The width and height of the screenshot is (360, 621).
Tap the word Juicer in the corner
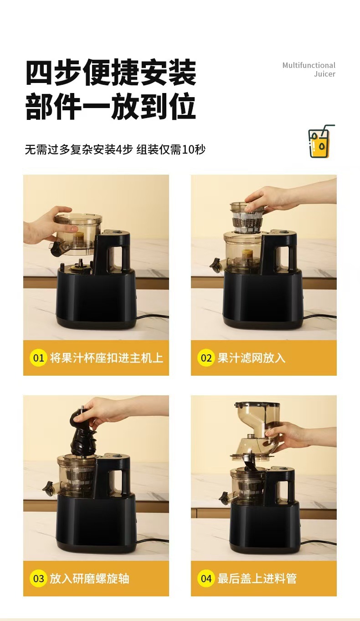click(x=324, y=74)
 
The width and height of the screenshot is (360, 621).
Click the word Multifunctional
click(x=309, y=65)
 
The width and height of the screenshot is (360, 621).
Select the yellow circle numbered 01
click(x=38, y=358)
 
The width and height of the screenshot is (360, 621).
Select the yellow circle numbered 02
click(x=206, y=358)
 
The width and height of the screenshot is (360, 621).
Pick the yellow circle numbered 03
click(x=38, y=579)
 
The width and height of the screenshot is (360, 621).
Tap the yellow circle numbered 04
click(x=206, y=579)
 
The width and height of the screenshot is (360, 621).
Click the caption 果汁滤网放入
click(x=251, y=358)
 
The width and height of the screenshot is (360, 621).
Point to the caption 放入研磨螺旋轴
click(x=89, y=579)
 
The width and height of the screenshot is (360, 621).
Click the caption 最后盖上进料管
click(x=257, y=579)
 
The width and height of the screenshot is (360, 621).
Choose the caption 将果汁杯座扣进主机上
click(x=107, y=358)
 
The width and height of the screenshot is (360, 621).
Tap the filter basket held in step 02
click(x=247, y=217)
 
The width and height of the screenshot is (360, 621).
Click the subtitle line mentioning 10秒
click(x=115, y=150)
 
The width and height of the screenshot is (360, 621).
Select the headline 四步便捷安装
click(x=111, y=72)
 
